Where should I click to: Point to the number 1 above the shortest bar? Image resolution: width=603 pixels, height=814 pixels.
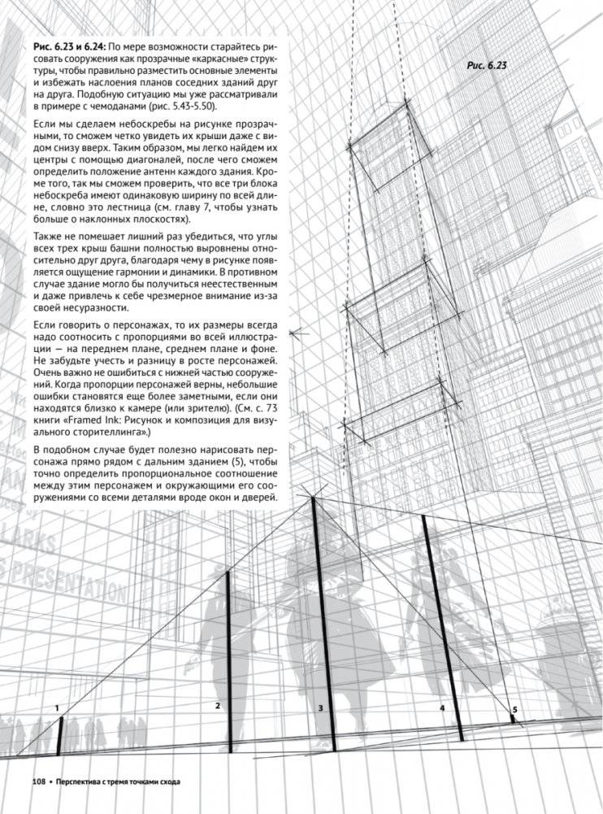click(x=58, y=708)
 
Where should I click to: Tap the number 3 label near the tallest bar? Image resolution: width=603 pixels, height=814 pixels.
click(x=321, y=709)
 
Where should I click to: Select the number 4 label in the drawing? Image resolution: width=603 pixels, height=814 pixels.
click(x=442, y=708)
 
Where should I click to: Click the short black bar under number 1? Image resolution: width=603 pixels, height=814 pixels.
click(x=60, y=736)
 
